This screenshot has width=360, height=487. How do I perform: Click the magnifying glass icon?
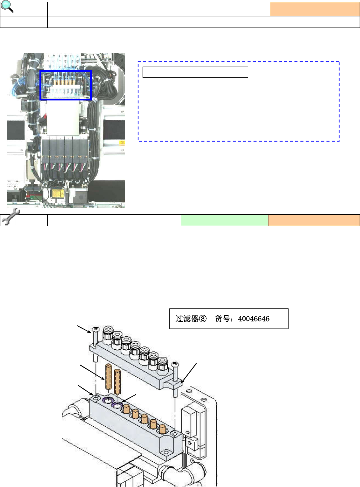coord(7,6)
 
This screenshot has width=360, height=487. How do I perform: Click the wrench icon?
coord(11,216)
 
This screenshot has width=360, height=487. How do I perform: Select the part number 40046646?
coord(254,318)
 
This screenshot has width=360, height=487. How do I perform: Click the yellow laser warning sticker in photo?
coord(57,193)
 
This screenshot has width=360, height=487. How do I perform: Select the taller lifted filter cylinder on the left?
coord(109,377)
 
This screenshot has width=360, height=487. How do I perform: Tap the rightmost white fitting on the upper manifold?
coord(163,362)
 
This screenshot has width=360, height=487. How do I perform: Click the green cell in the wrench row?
coord(224,220)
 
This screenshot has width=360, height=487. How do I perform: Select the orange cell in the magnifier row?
coord(315,9)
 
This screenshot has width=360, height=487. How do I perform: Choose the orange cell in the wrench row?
coord(314,220)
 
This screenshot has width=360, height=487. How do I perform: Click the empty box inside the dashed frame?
coord(195,72)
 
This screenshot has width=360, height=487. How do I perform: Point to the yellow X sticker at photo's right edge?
coord(122,143)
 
